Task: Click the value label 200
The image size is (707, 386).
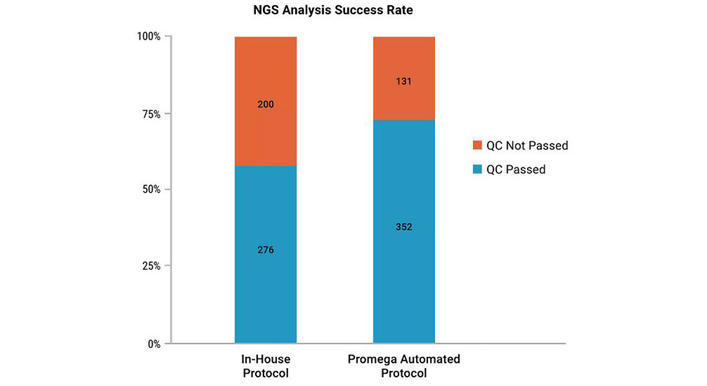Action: tap(265, 104)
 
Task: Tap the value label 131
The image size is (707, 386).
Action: tap(404, 82)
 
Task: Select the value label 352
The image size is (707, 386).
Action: tap(404, 227)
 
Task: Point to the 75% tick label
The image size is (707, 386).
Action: tap(151, 114)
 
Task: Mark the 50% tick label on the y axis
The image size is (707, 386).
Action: tap(151, 190)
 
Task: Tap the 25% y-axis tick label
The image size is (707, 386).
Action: tap(151, 266)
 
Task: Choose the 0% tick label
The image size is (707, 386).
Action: tap(154, 344)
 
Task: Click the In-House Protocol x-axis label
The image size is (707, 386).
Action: tap(265, 366)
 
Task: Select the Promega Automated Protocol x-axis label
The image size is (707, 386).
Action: tap(404, 366)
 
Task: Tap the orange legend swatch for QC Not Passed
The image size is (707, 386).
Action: tap(477, 145)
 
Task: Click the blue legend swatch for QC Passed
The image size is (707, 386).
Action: tap(477, 170)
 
